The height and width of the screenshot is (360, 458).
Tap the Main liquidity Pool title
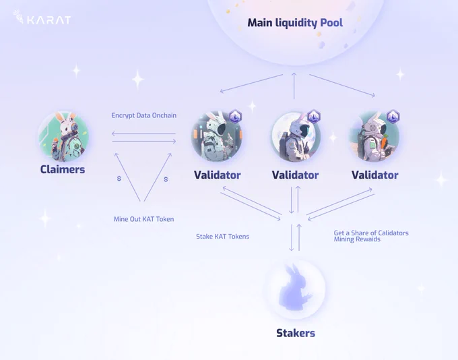pos(295,23)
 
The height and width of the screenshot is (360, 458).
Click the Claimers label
pos(63,169)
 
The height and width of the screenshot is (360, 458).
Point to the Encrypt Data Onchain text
pos(144,115)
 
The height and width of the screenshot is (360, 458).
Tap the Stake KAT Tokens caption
pos(222,237)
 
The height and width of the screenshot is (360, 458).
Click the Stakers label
pos(295,333)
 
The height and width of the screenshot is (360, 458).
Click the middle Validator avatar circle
pos(294,138)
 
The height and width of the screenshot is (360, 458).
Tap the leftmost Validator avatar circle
pos(216,138)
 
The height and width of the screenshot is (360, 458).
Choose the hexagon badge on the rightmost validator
pos(393,116)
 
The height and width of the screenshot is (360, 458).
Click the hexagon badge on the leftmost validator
pos(235,116)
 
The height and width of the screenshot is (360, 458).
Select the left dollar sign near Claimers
pos(119,179)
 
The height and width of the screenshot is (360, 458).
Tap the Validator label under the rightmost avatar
pos(374,175)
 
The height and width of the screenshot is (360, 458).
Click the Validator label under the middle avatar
pos(295,175)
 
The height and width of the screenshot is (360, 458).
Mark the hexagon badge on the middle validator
pos(314,116)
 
